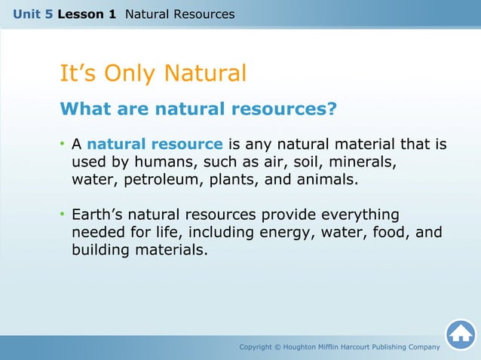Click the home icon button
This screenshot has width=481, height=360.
(460, 334)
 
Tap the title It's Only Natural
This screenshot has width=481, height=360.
(153, 74)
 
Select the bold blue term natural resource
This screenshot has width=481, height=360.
(155, 144)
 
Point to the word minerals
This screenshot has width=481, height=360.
(368, 162)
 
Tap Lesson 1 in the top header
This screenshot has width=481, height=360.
(91, 14)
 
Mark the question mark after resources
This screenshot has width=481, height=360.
(331, 109)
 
